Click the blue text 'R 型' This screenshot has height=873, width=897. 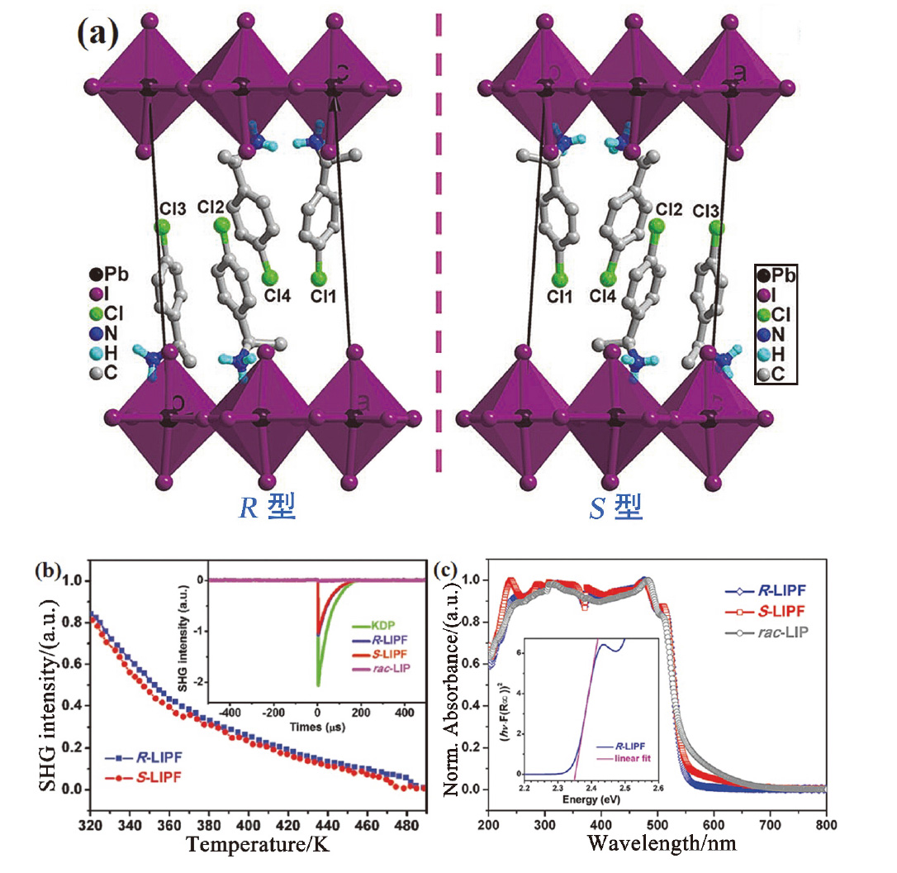[266, 507]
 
